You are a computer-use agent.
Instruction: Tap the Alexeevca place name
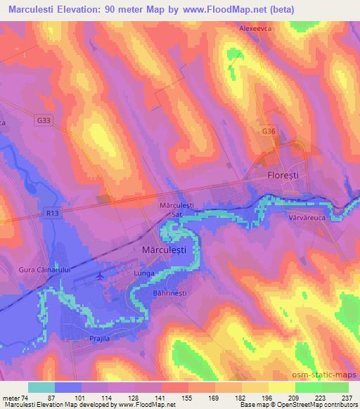[255, 30]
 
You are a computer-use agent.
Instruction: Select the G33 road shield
[44, 121]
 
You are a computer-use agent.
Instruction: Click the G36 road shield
[269, 131]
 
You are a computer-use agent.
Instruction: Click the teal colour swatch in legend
[41, 387]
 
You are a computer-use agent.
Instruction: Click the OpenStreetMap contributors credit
[322, 405]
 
